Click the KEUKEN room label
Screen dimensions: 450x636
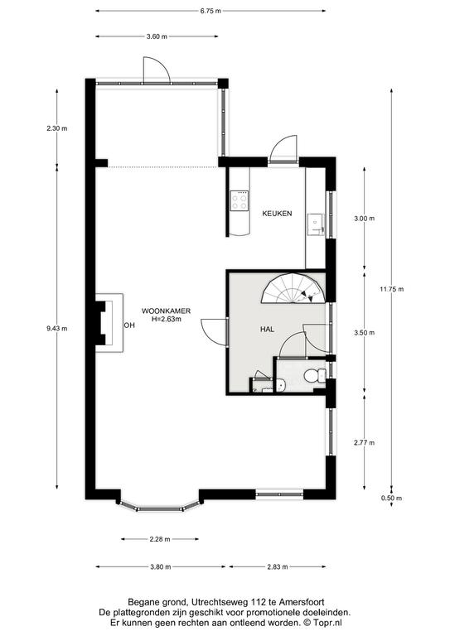click(x=277, y=214)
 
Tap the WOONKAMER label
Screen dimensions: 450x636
click(x=166, y=311)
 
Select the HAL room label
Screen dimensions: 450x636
click(x=267, y=330)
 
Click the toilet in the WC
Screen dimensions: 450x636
click(x=315, y=376)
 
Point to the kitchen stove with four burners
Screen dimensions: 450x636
click(x=239, y=200)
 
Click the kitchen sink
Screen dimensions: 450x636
click(x=316, y=224)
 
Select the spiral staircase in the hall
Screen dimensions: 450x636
click(x=293, y=288)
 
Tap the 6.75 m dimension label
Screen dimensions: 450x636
click(x=210, y=11)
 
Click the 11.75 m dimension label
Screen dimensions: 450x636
click(x=391, y=289)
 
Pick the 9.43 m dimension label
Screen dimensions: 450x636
click(x=57, y=329)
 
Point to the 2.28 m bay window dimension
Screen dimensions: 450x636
click(x=160, y=539)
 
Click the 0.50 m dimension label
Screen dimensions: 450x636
click(x=391, y=498)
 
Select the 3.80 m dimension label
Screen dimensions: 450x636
click(x=160, y=566)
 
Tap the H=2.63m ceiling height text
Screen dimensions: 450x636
click(x=166, y=319)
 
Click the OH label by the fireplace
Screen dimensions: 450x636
click(x=129, y=325)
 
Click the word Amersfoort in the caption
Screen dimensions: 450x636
click(x=307, y=602)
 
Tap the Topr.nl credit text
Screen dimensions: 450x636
click(x=331, y=622)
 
